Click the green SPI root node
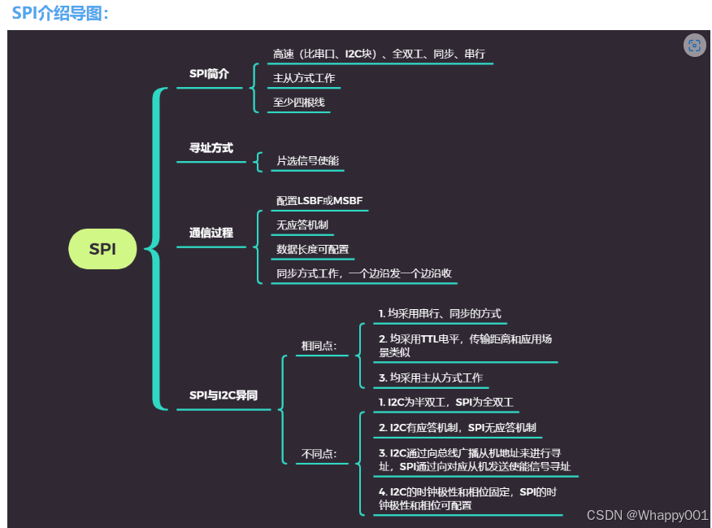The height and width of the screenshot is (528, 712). coord(102,249)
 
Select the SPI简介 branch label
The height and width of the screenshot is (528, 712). coord(209,74)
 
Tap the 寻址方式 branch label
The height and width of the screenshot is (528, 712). coord(211,148)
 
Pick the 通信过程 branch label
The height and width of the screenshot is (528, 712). coord(211,233)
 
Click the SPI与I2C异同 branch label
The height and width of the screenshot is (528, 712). coord(224,395)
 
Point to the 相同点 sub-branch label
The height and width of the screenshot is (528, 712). coord(319,346)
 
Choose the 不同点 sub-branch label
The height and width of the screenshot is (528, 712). coord(319,454)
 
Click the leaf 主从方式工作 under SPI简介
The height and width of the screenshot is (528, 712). coord(304,79)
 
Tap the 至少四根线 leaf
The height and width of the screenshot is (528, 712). coord(299,103)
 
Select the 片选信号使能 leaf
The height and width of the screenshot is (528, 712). coord(307,161)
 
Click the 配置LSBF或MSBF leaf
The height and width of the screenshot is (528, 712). coord(319,201)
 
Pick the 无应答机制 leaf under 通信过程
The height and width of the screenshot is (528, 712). coord(302,225)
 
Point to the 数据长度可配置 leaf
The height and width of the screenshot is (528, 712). coord(312,250)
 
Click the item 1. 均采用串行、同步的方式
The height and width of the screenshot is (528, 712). coord(440,314)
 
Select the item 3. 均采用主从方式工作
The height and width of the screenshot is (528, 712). coord(431,378)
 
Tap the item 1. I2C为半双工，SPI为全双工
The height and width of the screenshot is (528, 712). coord(445,403)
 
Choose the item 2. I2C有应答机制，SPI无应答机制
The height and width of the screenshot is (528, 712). coord(457,428)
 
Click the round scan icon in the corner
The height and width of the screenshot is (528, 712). coord(693,46)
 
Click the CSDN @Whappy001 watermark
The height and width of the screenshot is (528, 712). coord(647,515)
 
